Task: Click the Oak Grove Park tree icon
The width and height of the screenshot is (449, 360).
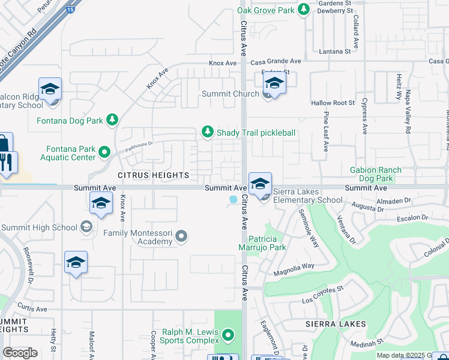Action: pos(304,10)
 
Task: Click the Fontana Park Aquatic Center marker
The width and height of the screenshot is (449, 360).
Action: pos(104,152)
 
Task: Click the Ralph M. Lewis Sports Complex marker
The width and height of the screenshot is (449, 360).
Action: pos(228,334)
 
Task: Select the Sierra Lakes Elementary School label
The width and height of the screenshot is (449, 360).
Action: pos(308,196)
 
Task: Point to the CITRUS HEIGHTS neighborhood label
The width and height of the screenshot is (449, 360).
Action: pos(153,175)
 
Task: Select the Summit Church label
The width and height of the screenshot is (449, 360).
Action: pos(230,94)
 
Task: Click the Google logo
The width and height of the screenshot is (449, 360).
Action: pos(20,353)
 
